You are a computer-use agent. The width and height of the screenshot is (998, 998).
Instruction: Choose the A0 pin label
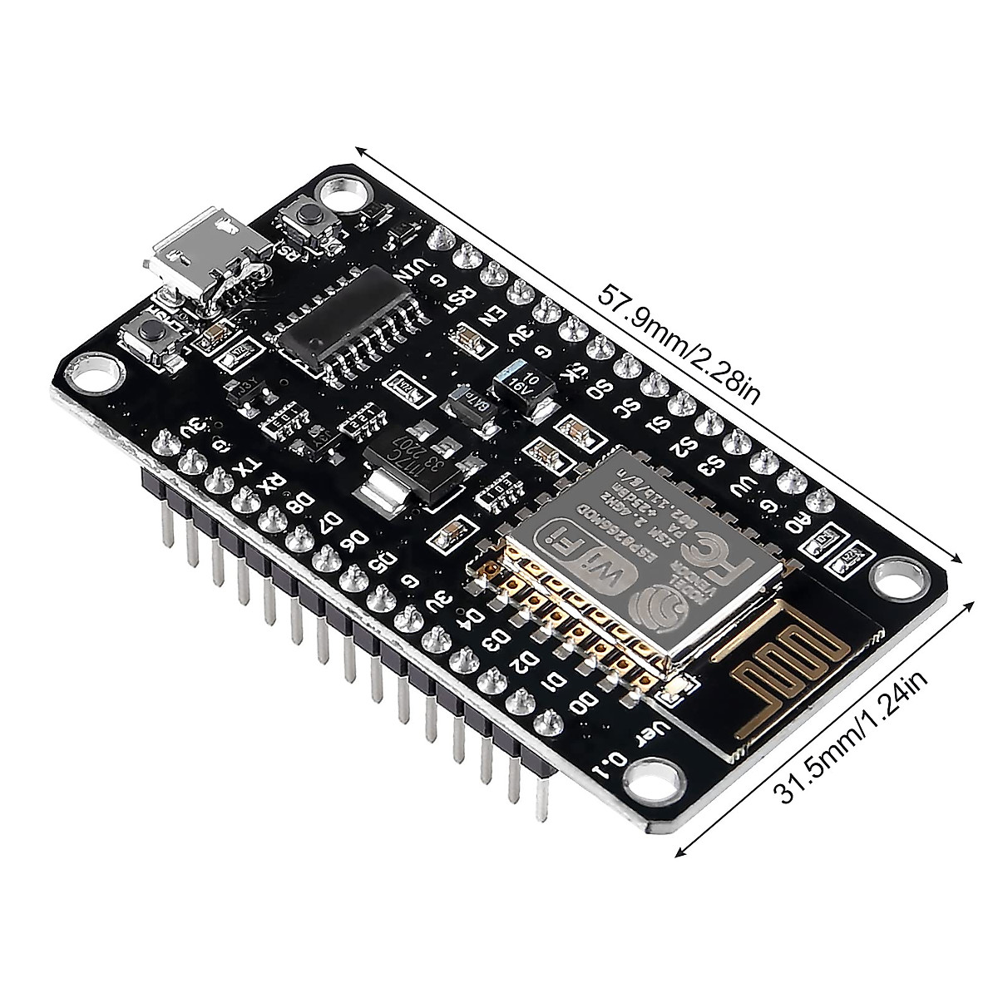pos(796,523)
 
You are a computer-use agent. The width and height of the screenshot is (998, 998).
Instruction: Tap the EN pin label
pos(492,316)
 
